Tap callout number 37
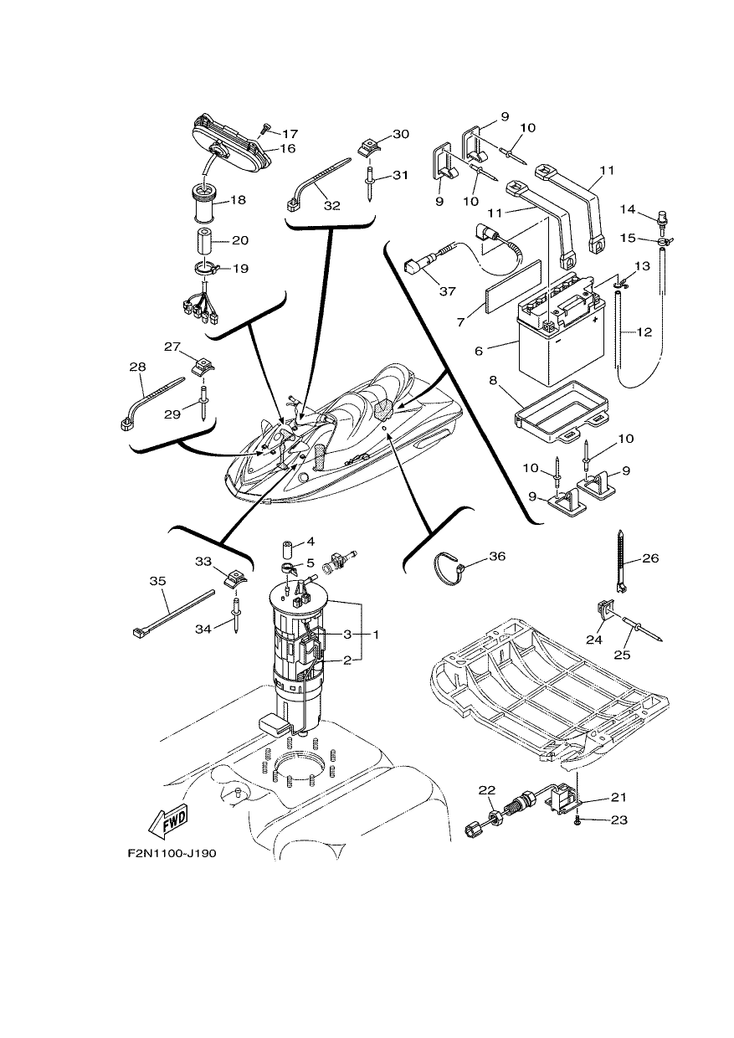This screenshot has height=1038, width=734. (x=447, y=291)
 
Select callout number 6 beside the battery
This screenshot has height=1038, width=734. (x=479, y=352)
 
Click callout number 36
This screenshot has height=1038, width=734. (x=497, y=556)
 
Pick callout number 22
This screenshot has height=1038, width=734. (x=487, y=789)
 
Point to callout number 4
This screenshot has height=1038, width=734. (x=310, y=542)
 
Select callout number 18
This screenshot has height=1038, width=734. (x=238, y=200)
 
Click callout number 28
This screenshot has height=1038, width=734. (x=137, y=367)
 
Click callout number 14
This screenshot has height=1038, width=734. (x=628, y=209)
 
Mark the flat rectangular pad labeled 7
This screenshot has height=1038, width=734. (x=512, y=286)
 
